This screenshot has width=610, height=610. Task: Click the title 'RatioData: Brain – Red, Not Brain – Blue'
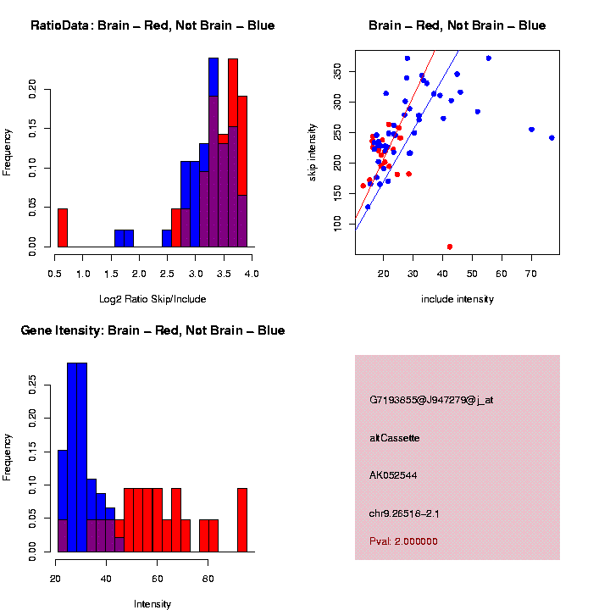coord(152,25)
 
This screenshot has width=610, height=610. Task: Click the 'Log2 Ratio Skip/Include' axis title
coord(152,298)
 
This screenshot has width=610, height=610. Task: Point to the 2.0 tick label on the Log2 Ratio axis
coord(140,273)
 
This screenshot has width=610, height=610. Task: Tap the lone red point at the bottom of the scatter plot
coord(449,247)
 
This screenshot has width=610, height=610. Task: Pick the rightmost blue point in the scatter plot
coord(552,137)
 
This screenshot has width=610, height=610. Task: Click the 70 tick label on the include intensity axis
coord(530,273)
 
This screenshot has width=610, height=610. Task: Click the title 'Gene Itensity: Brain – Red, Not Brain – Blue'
coord(152,330)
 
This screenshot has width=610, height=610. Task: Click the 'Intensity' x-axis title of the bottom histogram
coord(152,604)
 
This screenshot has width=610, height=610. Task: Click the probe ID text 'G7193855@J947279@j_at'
coord(430,400)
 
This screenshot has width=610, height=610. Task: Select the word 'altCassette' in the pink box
coord(394,438)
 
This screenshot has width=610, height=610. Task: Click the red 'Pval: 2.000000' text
coord(403,541)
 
